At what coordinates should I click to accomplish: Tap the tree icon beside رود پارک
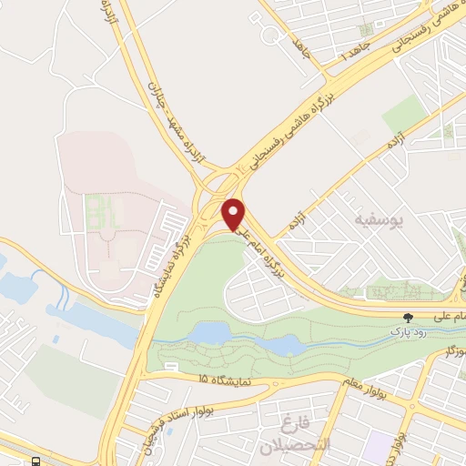pos(409,318)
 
